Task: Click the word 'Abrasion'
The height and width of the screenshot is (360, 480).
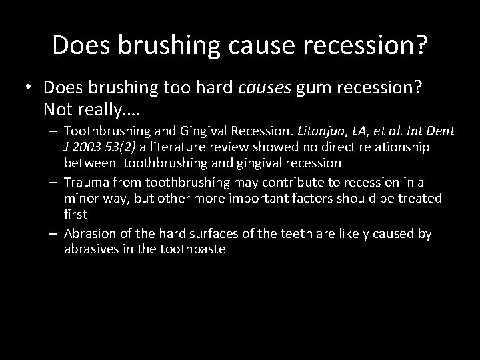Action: click(89, 234)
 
